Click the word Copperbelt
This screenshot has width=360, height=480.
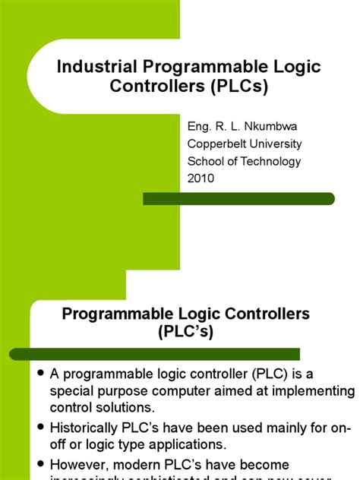(x=216, y=144)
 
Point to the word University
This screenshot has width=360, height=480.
(x=274, y=144)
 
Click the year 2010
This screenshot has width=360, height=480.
(x=201, y=179)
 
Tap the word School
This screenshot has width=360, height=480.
(x=205, y=161)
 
